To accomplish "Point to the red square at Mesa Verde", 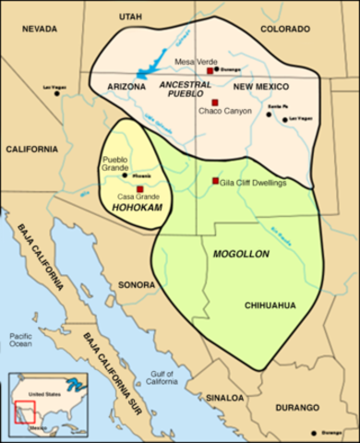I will [x=210, y=70].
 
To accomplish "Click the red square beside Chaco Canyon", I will [x=214, y=102].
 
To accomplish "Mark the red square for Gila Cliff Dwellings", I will [x=214, y=181].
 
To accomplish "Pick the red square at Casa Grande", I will [x=138, y=189].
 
